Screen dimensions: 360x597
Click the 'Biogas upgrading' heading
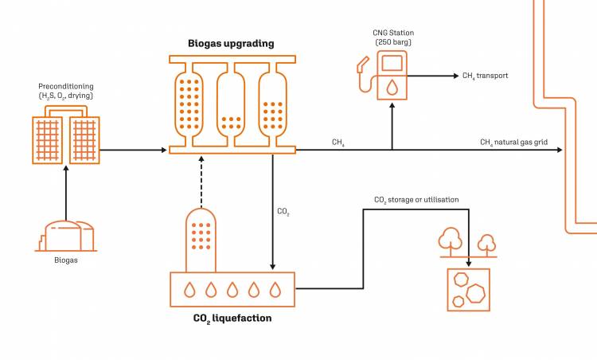tap(232, 43)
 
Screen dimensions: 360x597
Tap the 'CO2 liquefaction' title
tap(232, 319)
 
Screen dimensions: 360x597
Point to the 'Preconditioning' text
tap(65, 85)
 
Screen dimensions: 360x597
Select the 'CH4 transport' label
tap(485, 76)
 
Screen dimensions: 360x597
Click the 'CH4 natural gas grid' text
tap(513, 143)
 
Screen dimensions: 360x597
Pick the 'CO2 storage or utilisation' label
tap(416, 200)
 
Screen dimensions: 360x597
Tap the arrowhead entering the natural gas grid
tap(559, 150)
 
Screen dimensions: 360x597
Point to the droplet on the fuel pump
tap(391, 85)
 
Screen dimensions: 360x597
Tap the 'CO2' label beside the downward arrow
tap(283, 212)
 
